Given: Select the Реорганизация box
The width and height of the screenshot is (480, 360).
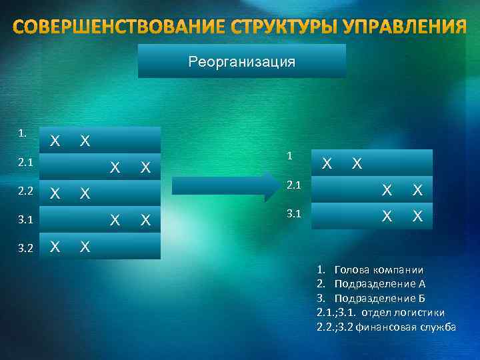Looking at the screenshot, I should (241, 62).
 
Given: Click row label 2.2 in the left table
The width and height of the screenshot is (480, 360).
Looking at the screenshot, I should (25, 191).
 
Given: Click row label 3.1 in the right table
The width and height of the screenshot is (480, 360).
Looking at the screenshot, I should (294, 215).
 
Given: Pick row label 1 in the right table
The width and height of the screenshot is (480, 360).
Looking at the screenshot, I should (289, 155).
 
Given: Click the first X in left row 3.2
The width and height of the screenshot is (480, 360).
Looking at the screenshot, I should (56, 246).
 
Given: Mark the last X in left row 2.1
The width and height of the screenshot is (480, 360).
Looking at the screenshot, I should (144, 167).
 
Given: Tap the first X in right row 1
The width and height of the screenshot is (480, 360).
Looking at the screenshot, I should (327, 163).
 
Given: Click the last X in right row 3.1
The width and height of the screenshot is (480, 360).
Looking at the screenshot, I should (417, 217).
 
